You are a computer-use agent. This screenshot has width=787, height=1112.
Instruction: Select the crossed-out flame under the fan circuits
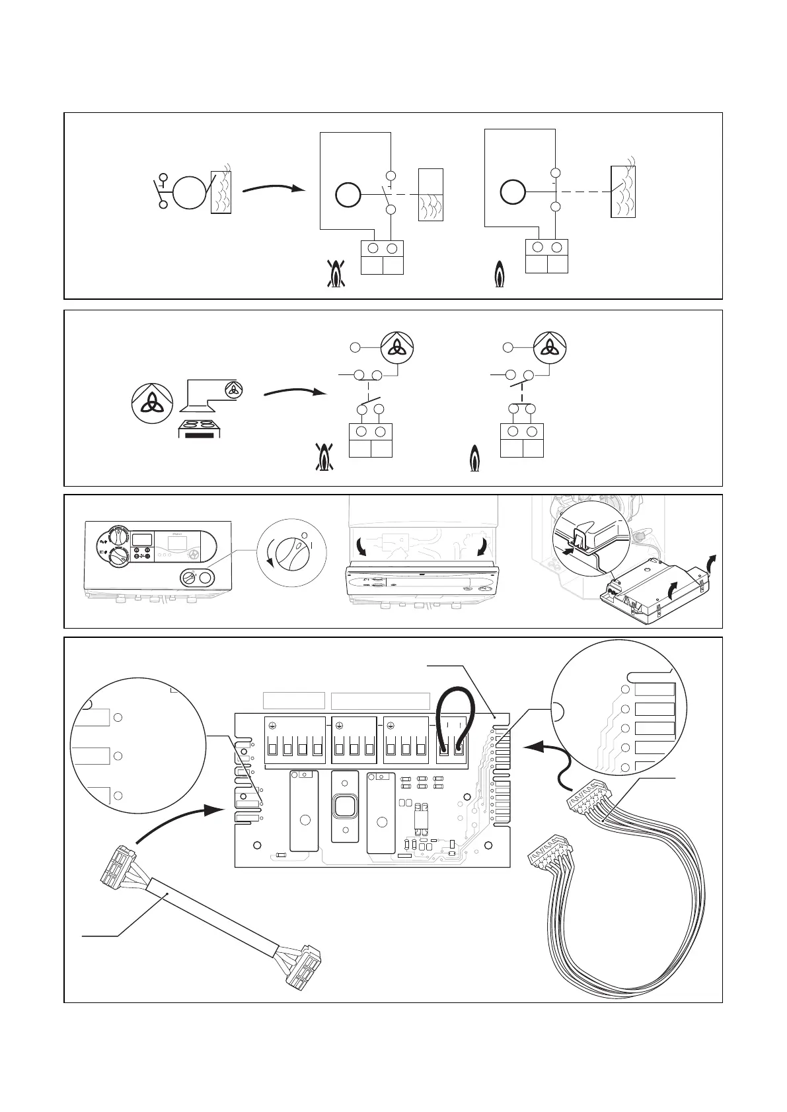tap(324, 458)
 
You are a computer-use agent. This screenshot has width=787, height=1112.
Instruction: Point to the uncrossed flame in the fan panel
tap(474, 459)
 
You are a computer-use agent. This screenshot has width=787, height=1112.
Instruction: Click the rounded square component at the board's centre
tap(344, 806)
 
